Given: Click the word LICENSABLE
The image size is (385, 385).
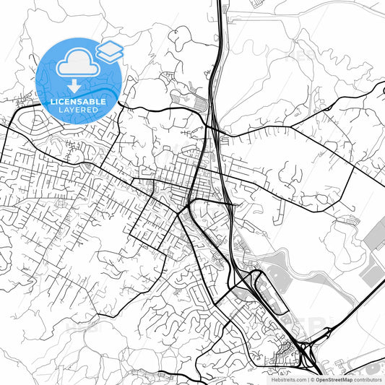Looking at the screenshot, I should [78, 102].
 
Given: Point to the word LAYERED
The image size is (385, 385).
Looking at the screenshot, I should [78, 111].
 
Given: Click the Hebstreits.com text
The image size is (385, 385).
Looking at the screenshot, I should [287, 378].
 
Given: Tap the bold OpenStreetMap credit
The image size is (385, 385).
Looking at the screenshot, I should [332, 378].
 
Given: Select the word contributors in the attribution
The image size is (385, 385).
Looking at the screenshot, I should [368, 378].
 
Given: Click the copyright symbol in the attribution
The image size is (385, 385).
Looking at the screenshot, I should [312, 378].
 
